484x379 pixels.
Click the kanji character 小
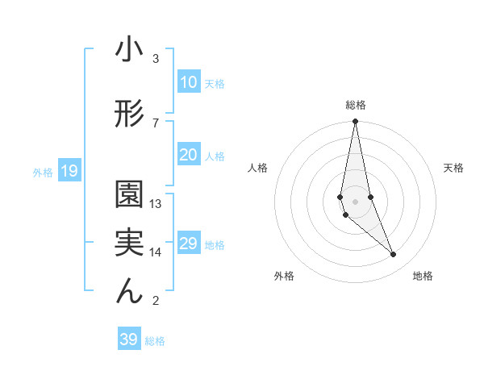tap(129, 50)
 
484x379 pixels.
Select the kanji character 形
tap(129, 115)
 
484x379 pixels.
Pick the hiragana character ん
tap(129, 291)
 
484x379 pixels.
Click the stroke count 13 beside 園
tap(156, 204)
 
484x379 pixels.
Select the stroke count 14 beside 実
tap(156, 252)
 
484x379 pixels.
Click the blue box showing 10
tap(189, 82)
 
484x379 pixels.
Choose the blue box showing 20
tap(189, 155)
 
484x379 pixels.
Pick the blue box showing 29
tap(189, 244)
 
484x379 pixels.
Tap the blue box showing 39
tap(128, 339)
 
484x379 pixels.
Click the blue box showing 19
tap(69, 171)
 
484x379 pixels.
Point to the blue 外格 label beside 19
tap(42, 172)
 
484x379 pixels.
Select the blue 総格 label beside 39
tap(155, 341)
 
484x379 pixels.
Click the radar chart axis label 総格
tap(356, 105)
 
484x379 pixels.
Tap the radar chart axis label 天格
tap(454, 168)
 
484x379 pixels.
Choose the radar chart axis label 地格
tap(423, 276)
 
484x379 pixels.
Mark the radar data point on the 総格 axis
tap(355, 122)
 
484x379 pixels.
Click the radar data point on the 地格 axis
tap(394, 255)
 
